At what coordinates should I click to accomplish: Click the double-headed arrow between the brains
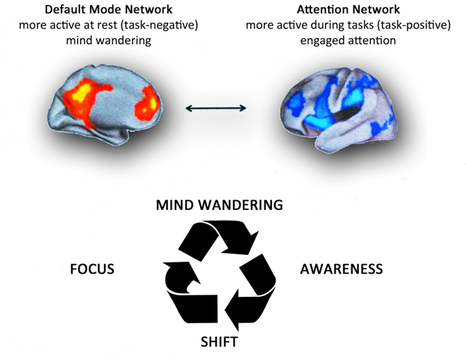click(x=216, y=109)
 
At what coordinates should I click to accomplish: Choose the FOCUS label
click(x=91, y=268)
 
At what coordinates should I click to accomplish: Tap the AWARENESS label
click(x=342, y=268)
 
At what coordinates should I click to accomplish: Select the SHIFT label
click(x=219, y=342)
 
